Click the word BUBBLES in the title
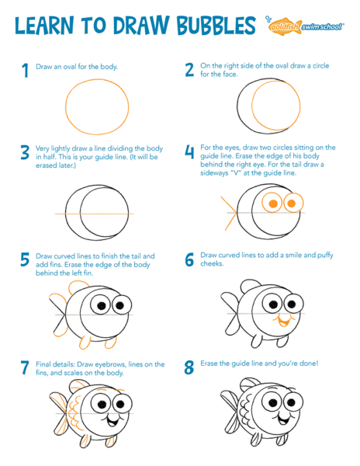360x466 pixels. (216, 26)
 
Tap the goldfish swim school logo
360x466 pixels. (305, 26)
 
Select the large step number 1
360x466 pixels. (26, 71)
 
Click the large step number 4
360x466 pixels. (189, 151)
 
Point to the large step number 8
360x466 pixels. (189, 367)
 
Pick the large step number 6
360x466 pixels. (189, 259)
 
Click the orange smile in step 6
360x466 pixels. (284, 322)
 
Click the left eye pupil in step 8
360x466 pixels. (273, 402)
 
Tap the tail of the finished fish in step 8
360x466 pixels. (231, 412)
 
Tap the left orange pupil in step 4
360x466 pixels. (273, 203)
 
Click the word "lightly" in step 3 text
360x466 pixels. (61, 148)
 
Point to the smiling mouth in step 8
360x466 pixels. (284, 419)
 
